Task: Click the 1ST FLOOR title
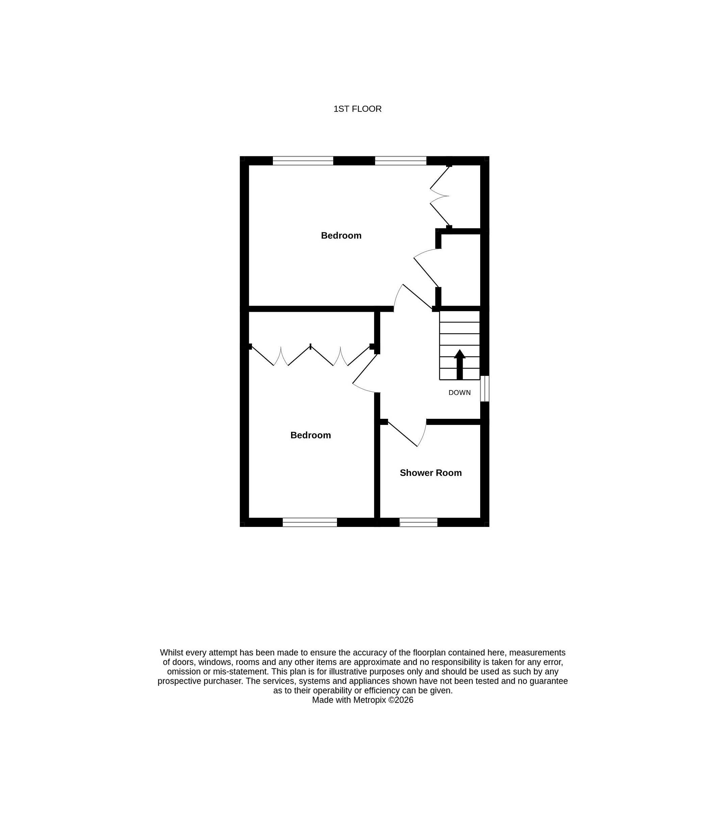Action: point(357,109)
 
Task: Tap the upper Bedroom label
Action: point(341,235)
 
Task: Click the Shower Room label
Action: point(431,473)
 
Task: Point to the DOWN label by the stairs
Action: point(460,392)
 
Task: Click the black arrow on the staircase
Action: point(460,364)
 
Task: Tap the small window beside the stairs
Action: point(484,388)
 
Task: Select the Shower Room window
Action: point(418,522)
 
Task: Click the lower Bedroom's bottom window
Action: point(310,522)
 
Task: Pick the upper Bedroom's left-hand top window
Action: point(303,161)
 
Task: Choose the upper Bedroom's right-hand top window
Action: point(401,161)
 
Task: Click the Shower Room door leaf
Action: point(403,434)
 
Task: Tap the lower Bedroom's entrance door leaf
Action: point(365,368)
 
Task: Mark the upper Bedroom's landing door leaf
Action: point(418,297)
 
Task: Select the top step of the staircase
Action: point(460,316)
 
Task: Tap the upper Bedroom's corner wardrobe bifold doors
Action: point(440,196)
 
